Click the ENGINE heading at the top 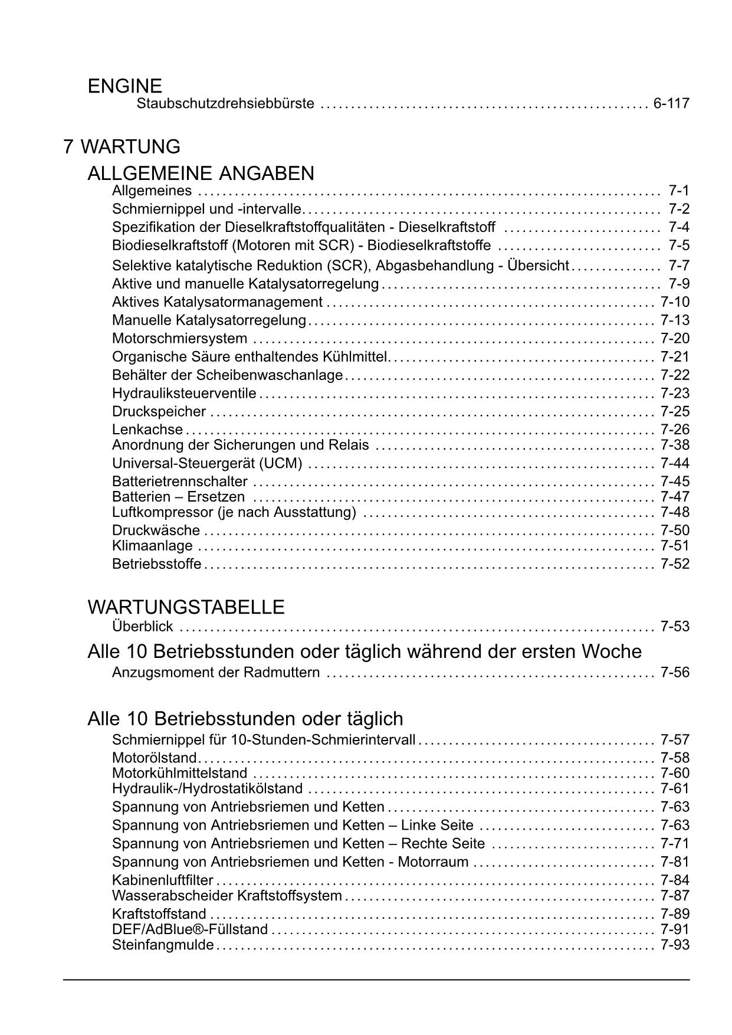coord(124,86)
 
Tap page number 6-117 coord(671,104)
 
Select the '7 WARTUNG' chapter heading coord(122,146)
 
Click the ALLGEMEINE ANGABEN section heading coord(201,173)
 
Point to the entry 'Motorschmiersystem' coord(179,339)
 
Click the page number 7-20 coord(675,339)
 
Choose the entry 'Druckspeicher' coord(159,412)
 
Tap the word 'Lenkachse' coord(147,430)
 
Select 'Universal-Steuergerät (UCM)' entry coord(207,463)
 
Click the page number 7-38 coord(675,445)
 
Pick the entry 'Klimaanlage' coord(152,546)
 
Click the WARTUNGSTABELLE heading coord(186,607)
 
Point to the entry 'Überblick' coord(142,627)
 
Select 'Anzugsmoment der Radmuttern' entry coord(216,673)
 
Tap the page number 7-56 coord(675,673)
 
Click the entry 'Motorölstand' coord(155,758)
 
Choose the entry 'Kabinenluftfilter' coord(162,880)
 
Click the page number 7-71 coord(675,844)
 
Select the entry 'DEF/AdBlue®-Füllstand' coord(190,930)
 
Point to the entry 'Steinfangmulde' coord(163,945)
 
